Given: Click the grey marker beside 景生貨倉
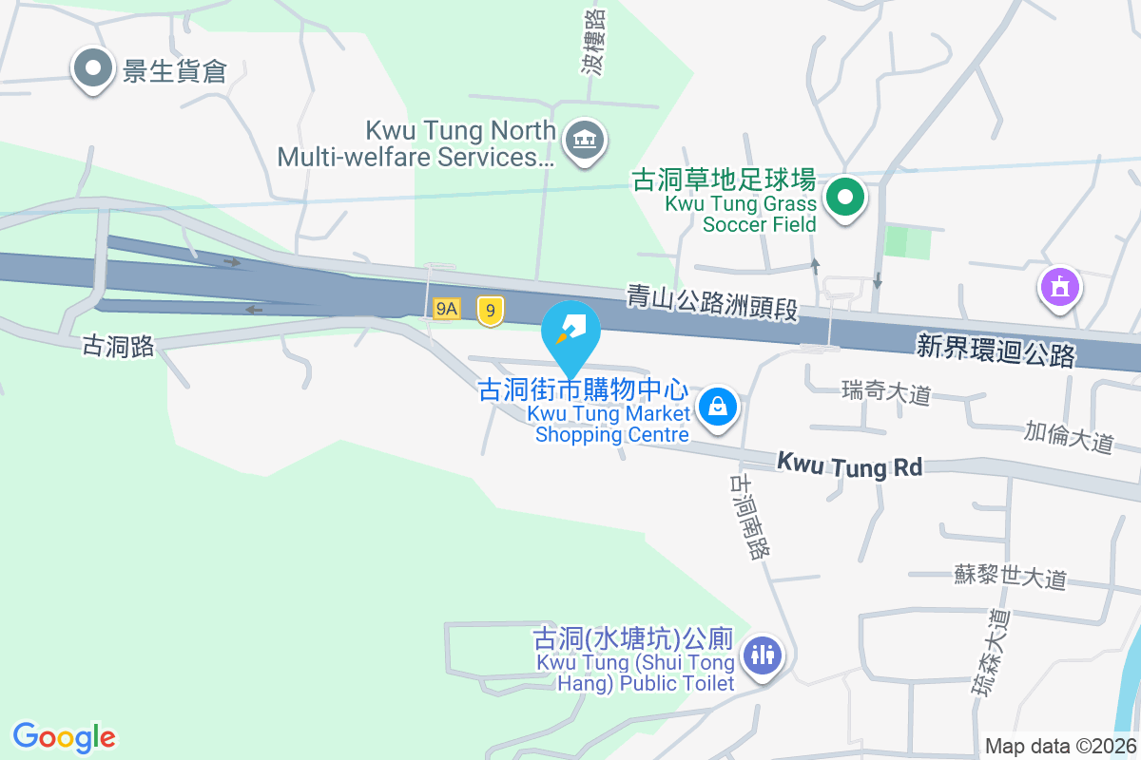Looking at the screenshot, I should click(93, 68).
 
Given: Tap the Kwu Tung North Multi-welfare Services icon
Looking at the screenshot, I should click(584, 142).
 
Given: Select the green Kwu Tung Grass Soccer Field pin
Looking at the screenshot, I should click(844, 199).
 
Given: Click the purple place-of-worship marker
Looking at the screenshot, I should click(1061, 286).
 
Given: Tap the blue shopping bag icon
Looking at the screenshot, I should click(718, 408).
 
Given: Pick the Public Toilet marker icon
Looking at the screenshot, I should click(762, 655).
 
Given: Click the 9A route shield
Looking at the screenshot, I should click(446, 310).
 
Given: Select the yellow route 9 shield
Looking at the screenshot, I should click(490, 310).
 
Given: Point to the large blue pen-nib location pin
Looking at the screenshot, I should click(570, 332).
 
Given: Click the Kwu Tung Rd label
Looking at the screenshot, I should click(849, 465).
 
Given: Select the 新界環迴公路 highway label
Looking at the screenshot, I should click(996, 350).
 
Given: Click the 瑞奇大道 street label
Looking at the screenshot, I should click(886, 391).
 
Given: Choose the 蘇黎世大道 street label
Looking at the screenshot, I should click(1011, 576).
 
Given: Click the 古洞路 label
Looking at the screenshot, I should click(119, 347).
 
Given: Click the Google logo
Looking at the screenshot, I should click(65, 737).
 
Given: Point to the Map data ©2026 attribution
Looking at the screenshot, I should click(1060, 747).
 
